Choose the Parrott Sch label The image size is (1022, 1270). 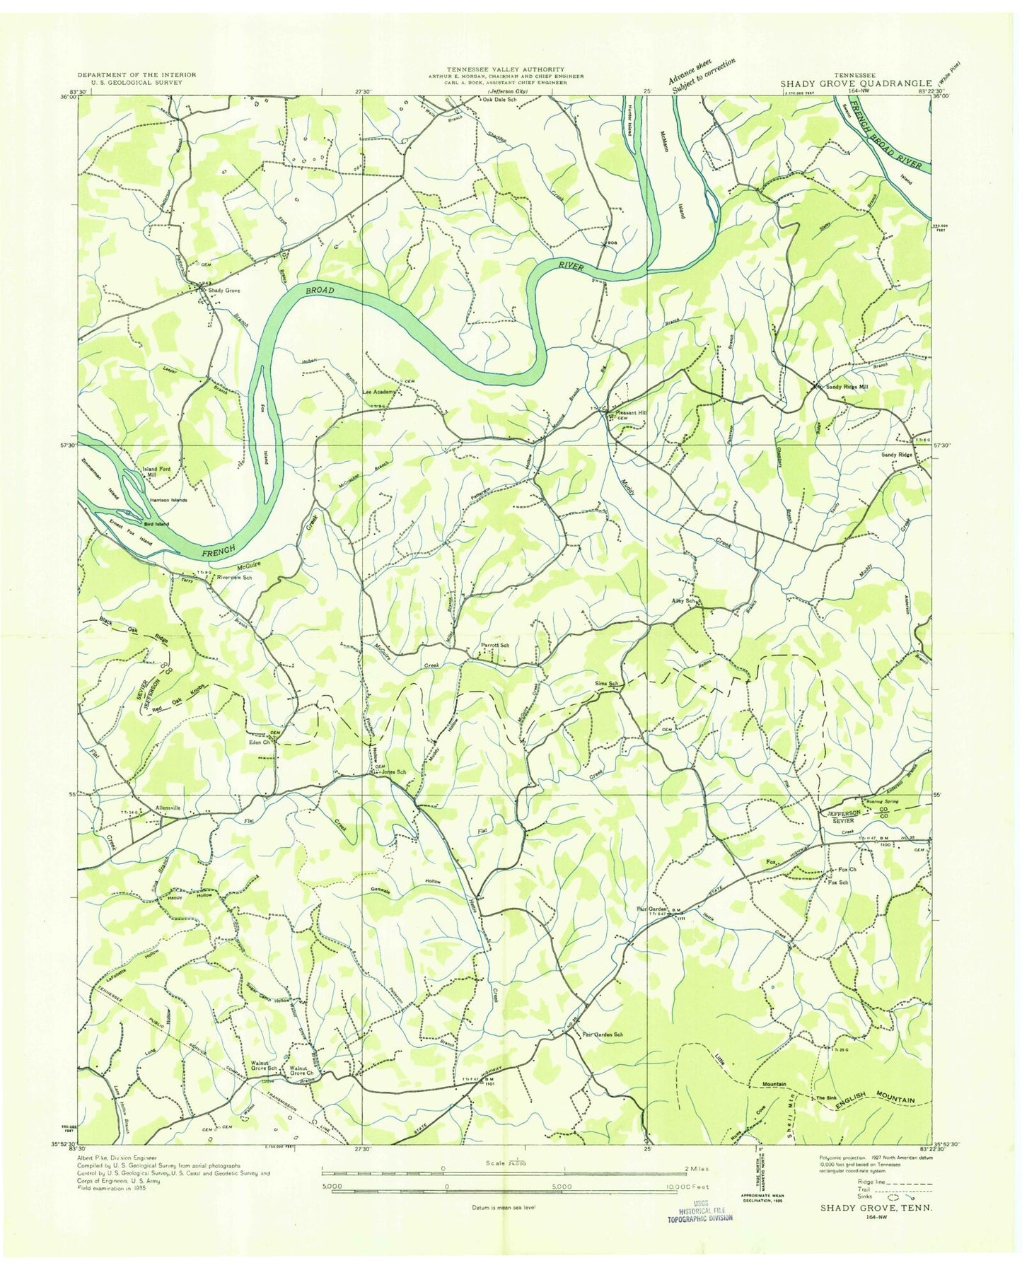tap(495, 645)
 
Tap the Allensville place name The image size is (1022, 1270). tap(164, 807)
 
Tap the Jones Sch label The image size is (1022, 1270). tap(393, 772)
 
